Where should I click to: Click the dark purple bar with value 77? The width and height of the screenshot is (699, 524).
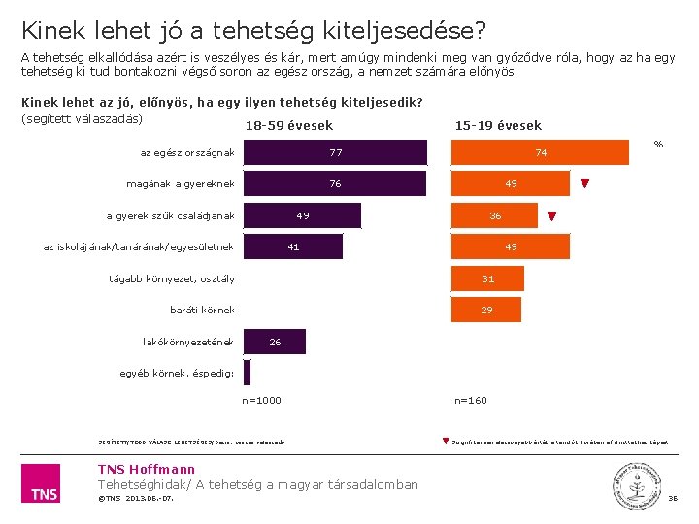tap(335, 152)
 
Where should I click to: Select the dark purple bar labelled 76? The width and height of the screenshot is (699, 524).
tap(335, 184)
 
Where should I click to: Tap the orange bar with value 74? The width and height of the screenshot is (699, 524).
tap(541, 152)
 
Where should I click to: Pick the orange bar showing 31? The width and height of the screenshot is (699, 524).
tap(487, 278)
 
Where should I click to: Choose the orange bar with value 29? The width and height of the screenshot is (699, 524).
tap(485, 310)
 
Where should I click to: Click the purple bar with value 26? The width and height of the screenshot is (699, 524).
tap(275, 342)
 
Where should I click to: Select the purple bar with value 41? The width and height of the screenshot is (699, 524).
tap(292, 247)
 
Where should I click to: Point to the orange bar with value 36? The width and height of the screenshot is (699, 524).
tap(494, 215)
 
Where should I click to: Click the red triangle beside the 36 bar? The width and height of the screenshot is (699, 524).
tap(552, 216)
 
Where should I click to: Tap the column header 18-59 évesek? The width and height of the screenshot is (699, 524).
tap(289, 125)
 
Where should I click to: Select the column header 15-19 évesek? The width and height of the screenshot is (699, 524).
tap(498, 125)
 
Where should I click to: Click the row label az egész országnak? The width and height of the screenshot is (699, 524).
tap(187, 152)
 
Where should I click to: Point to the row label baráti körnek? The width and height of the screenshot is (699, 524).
tap(202, 311)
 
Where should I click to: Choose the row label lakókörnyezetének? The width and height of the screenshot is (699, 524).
tap(188, 342)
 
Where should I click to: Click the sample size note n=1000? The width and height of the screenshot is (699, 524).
tap(261, 400)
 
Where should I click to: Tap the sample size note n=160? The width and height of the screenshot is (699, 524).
tap(471, 400)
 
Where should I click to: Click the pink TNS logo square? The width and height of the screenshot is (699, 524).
tap(40, 483)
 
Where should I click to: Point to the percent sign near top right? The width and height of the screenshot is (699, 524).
tap(658, 145)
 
